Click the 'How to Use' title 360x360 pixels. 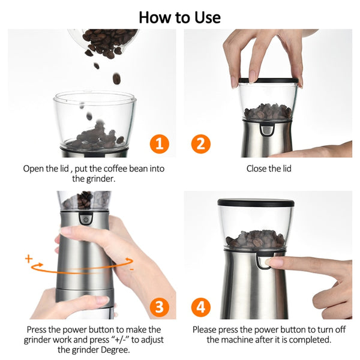click(x=179, y=16)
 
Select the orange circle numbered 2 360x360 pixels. click(x=201, y=144)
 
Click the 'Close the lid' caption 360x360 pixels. click(x=269, y=169)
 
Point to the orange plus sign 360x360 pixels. click(x=28, y=259)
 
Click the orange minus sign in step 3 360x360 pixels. click(x=131, y=269)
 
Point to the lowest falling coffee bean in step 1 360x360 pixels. click(x=89, y=116)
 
